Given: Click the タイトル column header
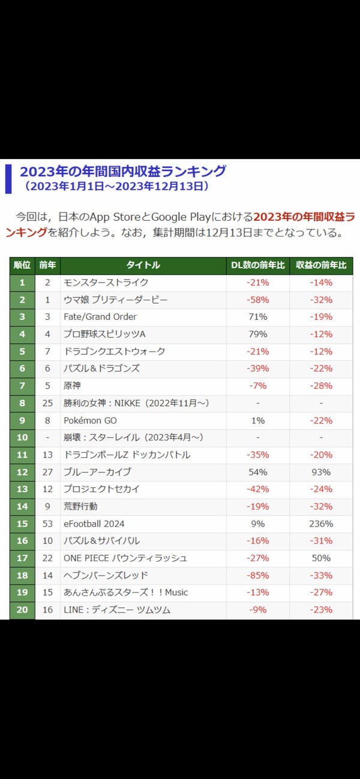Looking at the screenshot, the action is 143,265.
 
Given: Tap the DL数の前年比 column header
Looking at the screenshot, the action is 258,265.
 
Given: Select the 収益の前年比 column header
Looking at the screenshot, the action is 321,265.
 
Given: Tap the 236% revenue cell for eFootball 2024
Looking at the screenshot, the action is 321,524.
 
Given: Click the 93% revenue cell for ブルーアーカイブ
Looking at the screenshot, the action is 321,472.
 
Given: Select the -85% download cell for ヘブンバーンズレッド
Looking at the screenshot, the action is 258,576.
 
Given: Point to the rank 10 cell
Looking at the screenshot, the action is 22,438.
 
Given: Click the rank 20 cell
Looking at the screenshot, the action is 22,610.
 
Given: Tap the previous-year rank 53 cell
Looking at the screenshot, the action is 47,524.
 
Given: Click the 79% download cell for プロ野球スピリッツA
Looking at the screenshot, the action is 258,334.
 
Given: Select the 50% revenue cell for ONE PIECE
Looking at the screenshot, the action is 321,558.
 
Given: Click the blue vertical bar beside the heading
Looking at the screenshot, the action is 8,179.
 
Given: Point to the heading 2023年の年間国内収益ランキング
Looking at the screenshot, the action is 123,171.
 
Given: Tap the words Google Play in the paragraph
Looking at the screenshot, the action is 181,217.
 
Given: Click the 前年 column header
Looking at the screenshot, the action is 47,265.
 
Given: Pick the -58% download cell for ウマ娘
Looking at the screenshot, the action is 258,299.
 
